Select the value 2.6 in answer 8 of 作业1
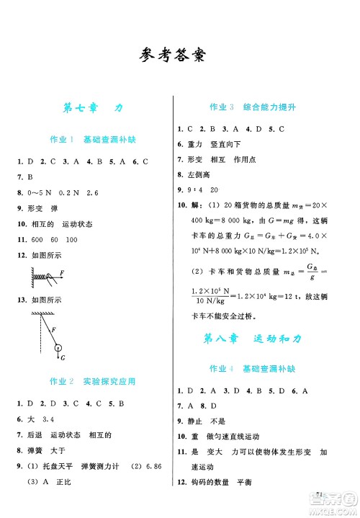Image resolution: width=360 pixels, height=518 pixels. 91,193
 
